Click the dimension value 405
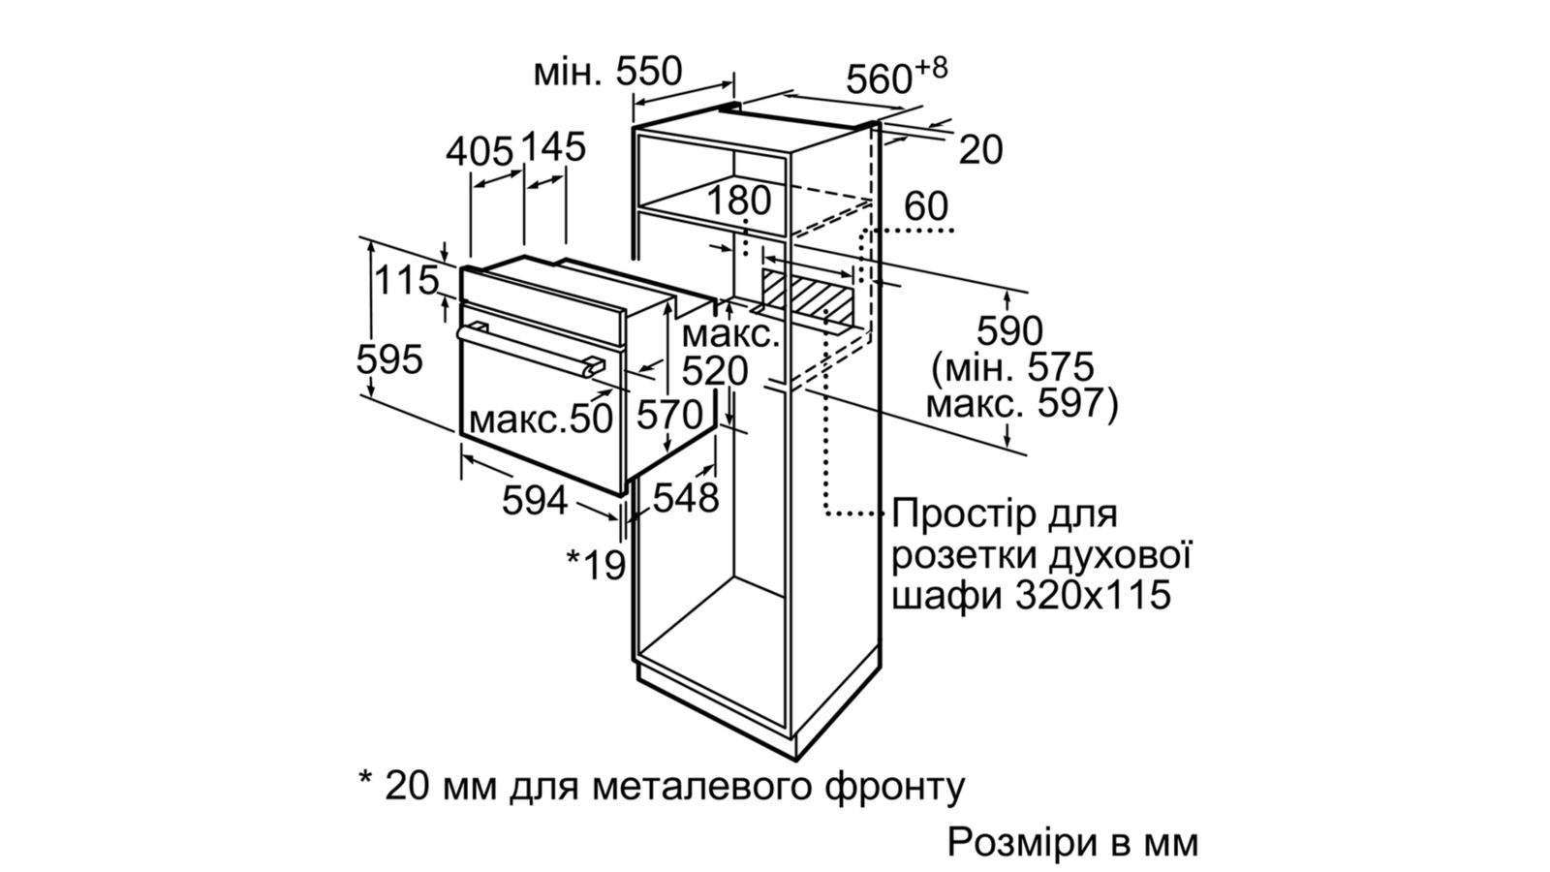pos(479,151)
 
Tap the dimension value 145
pos(553,146)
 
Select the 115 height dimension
pos(407,280)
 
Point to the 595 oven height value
pos(388,359)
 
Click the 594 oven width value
pos(534,500)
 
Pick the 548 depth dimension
pos(686,497)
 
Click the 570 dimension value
pos(669,416)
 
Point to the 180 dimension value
pos(738,200)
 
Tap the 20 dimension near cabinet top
pos(980,149)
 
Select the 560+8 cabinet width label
pos(897,77)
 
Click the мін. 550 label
pos(607,72)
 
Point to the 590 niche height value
pos(1009,330)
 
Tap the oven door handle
pos(529,351)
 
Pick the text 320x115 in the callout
pos(1094,595)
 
